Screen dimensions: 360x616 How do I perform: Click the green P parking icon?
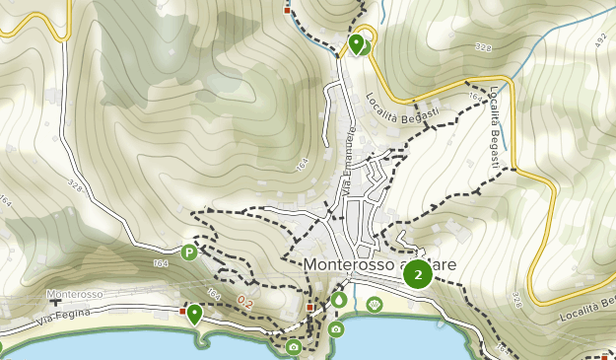point(188,252)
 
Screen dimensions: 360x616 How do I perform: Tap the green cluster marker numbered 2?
point(418,274)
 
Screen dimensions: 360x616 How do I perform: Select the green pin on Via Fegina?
point(195,314)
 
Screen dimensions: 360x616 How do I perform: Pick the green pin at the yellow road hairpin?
point(356,43)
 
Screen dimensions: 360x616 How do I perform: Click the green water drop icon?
point(339,299)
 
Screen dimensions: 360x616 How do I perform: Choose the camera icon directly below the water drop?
point(336,328)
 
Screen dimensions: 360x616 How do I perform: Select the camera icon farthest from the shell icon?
point(293,346)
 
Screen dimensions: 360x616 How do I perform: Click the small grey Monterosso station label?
point(74,295)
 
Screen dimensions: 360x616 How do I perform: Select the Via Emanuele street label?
point(348,161)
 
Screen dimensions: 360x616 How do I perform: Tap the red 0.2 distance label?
point(244,302)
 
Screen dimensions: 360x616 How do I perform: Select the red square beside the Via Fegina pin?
point(183,310)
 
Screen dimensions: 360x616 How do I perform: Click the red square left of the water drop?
point(309,308)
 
